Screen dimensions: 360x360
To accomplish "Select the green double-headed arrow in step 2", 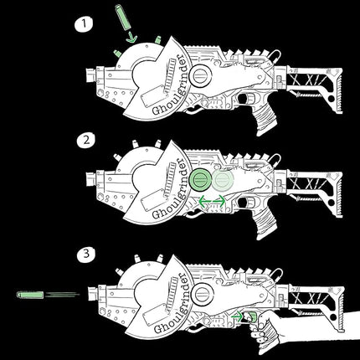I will click(211, 199).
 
